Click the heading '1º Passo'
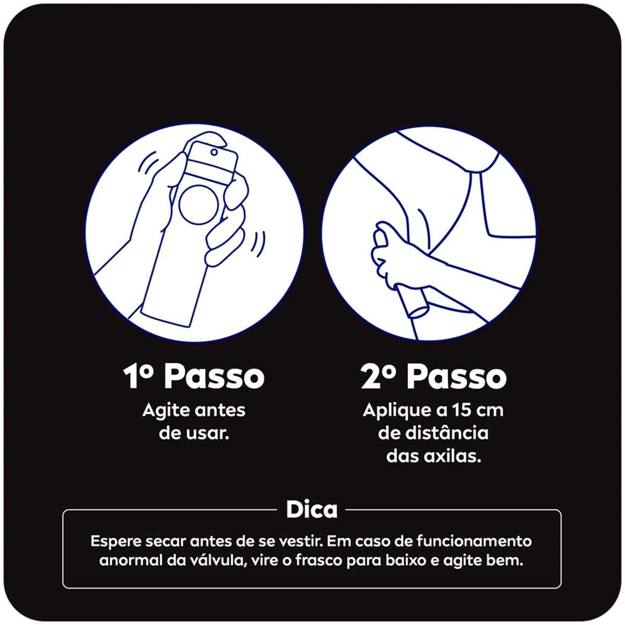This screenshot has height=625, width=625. pos(194,377)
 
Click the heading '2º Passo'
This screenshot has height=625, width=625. pos(433,377)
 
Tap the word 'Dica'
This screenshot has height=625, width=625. pos(311,509)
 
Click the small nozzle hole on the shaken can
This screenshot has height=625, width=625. pos(214,152)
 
